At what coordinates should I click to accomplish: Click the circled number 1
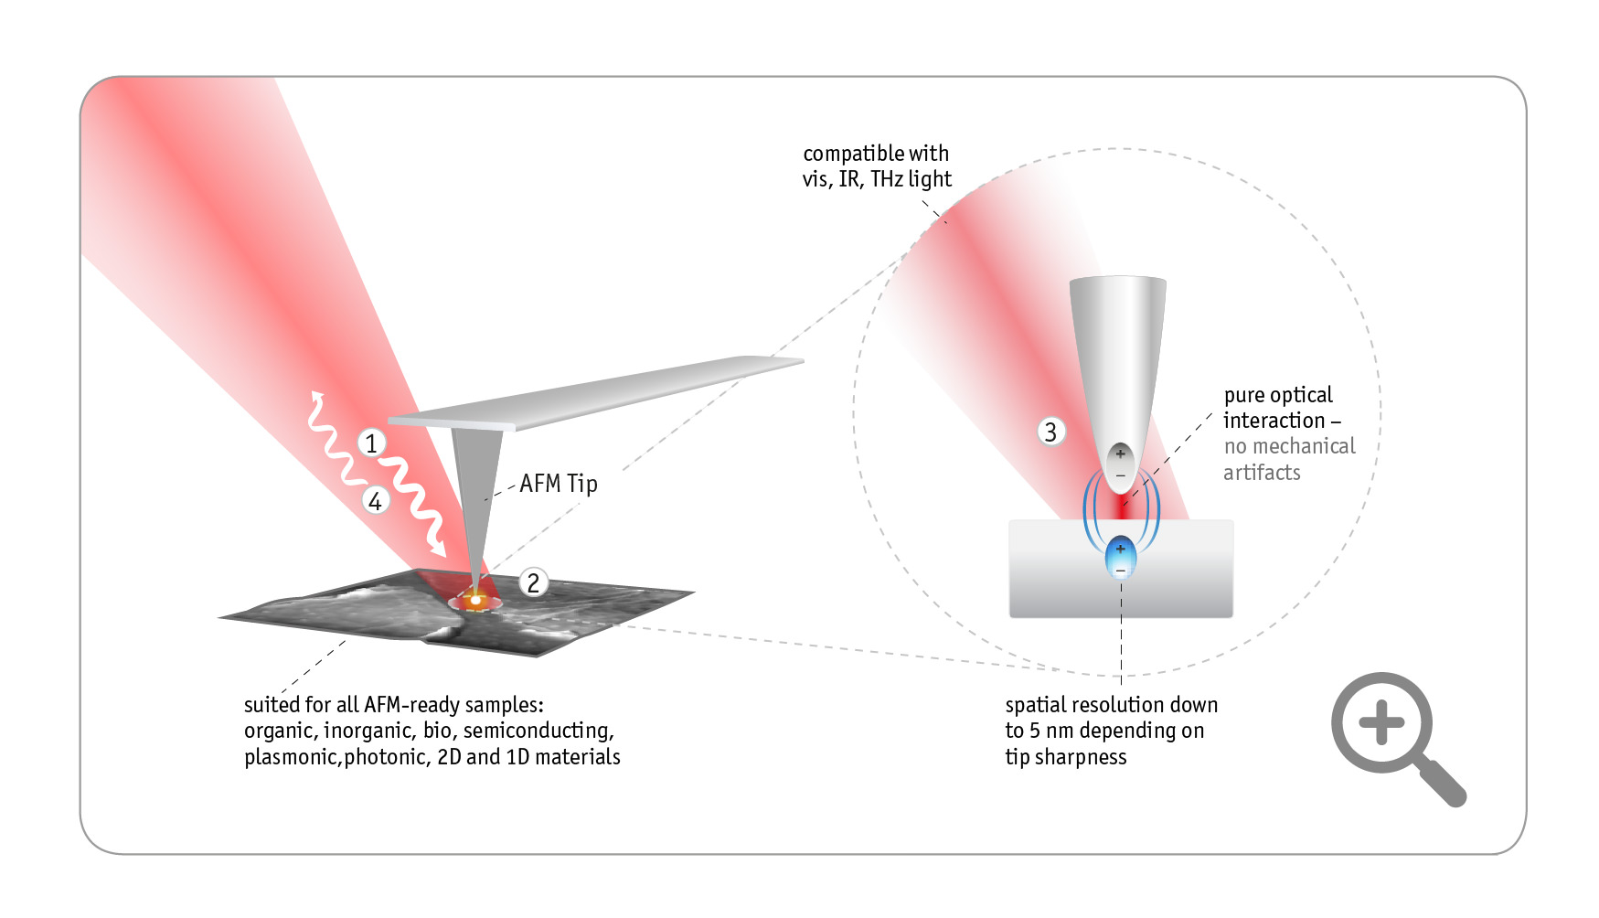tap(371, 443)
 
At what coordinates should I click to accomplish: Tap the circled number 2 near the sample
tap(533, 582)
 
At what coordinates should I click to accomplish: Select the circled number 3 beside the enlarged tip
tap(1050, 432)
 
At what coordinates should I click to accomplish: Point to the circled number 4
tap(375, 501)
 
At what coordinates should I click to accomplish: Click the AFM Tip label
tap(558, 484)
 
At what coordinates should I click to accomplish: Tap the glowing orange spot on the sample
tap(475, 600)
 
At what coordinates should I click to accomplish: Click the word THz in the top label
tap(886, 179)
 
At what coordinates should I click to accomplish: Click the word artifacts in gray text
tap(1262, 473)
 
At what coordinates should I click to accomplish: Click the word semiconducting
tap(538, 731)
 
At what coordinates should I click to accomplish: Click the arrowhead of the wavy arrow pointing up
tap(317, 396)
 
